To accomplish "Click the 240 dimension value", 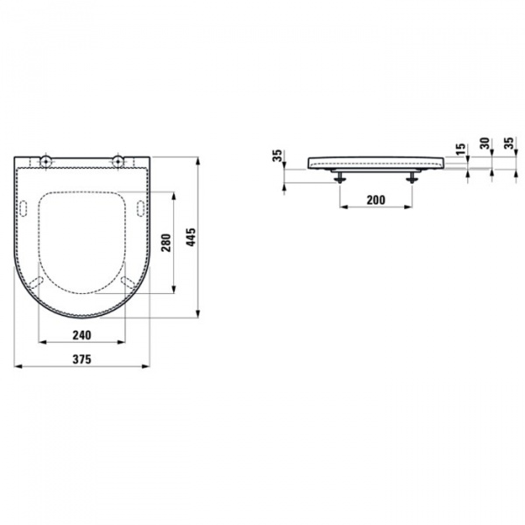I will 82,334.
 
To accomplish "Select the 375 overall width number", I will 82,359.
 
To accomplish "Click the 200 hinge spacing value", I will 374,200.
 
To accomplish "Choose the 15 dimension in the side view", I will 461,150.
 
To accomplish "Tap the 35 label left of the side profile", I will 277,157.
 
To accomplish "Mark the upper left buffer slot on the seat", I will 24,206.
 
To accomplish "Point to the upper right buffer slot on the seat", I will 141,206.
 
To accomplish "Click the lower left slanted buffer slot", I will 37,280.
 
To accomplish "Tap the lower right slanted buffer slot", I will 129,280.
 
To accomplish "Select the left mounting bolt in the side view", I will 339,178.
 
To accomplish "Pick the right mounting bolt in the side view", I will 409,178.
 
